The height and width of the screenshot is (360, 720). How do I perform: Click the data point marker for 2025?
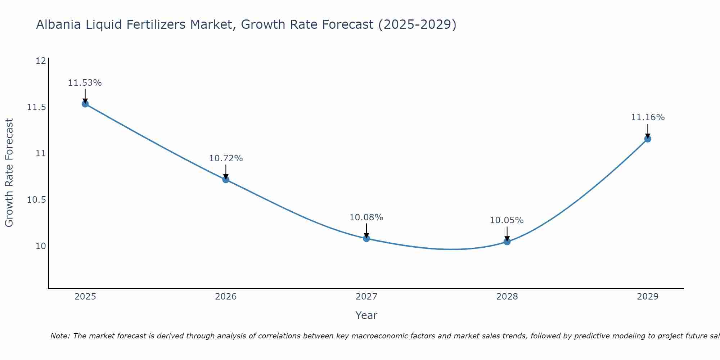(x=85, y=104)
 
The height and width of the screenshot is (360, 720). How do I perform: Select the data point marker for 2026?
(x=226, y=180)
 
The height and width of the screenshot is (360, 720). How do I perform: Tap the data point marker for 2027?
(x=366, y=238)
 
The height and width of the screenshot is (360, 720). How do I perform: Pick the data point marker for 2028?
(x=507, y=242)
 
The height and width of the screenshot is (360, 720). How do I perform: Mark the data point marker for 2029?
(x=648, y=139)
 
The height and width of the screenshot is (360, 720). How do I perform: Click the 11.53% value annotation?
(x=85, y=83)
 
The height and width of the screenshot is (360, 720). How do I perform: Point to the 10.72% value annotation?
(x=226, y=158)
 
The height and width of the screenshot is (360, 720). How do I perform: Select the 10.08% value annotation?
(x=366, y=217)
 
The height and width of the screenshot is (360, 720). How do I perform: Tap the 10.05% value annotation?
(x=507, y=220)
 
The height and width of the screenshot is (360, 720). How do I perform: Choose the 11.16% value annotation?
(x=648, y=117)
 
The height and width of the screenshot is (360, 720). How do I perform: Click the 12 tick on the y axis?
(x=41, y=61)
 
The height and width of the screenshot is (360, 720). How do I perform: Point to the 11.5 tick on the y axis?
(x=37, y=107)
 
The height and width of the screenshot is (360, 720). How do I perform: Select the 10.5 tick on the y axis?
(x=37, y=200)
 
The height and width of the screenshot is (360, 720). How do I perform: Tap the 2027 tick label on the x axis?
(x=366, y=297)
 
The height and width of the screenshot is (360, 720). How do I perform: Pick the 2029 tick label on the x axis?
(x=648, y=297)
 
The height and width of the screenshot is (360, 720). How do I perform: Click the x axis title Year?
(x=366, y=315)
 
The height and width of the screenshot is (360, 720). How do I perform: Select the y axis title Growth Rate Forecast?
(x=9, y=172)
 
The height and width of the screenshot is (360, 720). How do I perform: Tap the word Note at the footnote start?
(x=60, y=336)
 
